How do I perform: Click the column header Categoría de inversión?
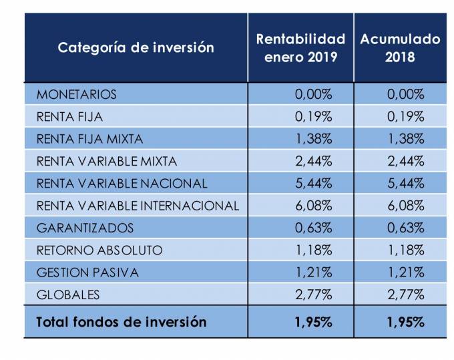tap(136, 47)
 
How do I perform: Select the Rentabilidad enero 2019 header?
tap(300, 47)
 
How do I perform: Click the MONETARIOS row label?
tap(77, 94)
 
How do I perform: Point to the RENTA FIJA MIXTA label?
tap(89, 139)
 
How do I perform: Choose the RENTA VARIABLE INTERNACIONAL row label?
tap(138, 205)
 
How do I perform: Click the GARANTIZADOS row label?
tap(85, 228)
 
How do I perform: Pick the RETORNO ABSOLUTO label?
tap(99, 250)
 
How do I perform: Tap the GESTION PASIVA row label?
tap(87, 273)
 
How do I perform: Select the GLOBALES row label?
tap(68, 295)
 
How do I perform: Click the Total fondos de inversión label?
tap(121, 322)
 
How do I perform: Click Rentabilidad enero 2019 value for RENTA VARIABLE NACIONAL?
tap(313, 183)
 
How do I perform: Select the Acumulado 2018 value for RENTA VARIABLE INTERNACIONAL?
tap(405, 205)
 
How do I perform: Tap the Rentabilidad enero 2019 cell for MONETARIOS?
tap(313, 94)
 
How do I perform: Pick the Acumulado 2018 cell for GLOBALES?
tap(405, 295)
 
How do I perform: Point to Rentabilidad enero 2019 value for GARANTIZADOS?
tap(313, 228)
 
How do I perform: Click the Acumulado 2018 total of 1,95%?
tap(405, 322)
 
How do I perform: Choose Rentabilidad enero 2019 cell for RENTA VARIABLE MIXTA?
tap(313, 161)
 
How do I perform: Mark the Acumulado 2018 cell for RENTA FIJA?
tap(405, 116)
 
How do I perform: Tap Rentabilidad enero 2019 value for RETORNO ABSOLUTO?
tap(313, 250)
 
